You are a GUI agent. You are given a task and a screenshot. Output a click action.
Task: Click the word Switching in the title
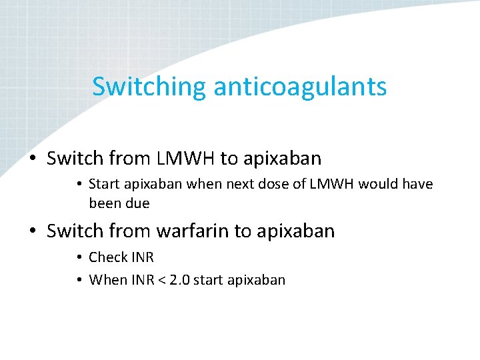click(x=149, y=87)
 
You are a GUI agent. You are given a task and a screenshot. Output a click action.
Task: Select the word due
click(x=137, y=203)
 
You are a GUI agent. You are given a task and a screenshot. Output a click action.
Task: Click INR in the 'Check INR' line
click(x=141, y=257)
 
